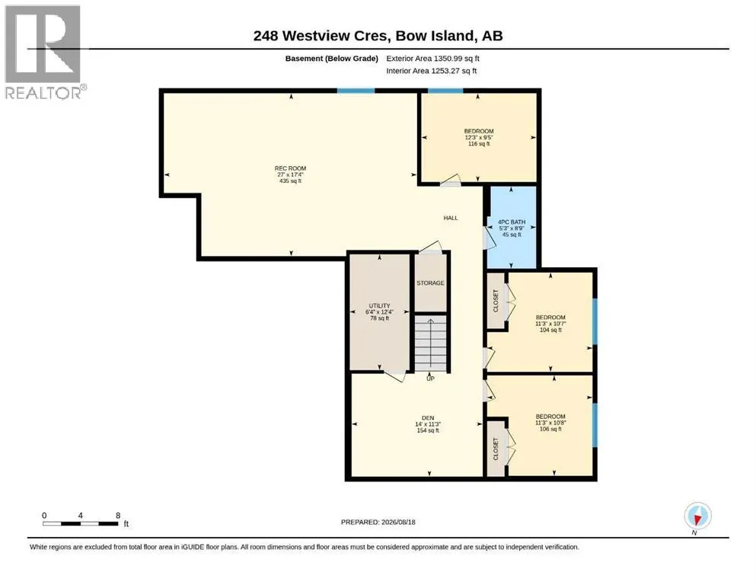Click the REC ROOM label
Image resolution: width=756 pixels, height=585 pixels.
(290, 174)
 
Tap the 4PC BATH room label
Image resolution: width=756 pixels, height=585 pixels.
(512, 228)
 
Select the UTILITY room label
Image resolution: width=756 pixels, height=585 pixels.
(379, 312)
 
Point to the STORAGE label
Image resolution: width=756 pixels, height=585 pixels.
(431, 283)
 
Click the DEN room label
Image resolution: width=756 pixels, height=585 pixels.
(428, 424)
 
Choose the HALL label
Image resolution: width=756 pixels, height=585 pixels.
(451, 218)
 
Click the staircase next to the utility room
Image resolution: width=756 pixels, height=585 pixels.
(431, 343)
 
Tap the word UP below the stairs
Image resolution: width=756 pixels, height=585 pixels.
(431, 379)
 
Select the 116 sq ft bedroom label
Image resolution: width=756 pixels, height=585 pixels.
(479, 137)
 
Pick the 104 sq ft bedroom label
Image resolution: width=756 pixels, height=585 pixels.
(550, 324)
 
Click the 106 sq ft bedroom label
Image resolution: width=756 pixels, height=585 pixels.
(550, 423)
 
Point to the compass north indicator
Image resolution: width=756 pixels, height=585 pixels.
(697, 516)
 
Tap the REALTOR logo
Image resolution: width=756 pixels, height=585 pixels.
(45, 52)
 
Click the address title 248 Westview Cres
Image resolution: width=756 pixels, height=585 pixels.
(321, 36)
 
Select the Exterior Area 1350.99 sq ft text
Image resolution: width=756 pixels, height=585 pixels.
(433, 59)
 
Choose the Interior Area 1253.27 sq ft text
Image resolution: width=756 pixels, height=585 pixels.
(432, 70)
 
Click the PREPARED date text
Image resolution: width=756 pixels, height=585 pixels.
(378, 522)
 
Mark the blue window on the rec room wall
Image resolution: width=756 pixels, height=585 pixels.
(356, 91)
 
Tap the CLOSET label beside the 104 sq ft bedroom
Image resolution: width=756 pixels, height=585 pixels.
(496, 301)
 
